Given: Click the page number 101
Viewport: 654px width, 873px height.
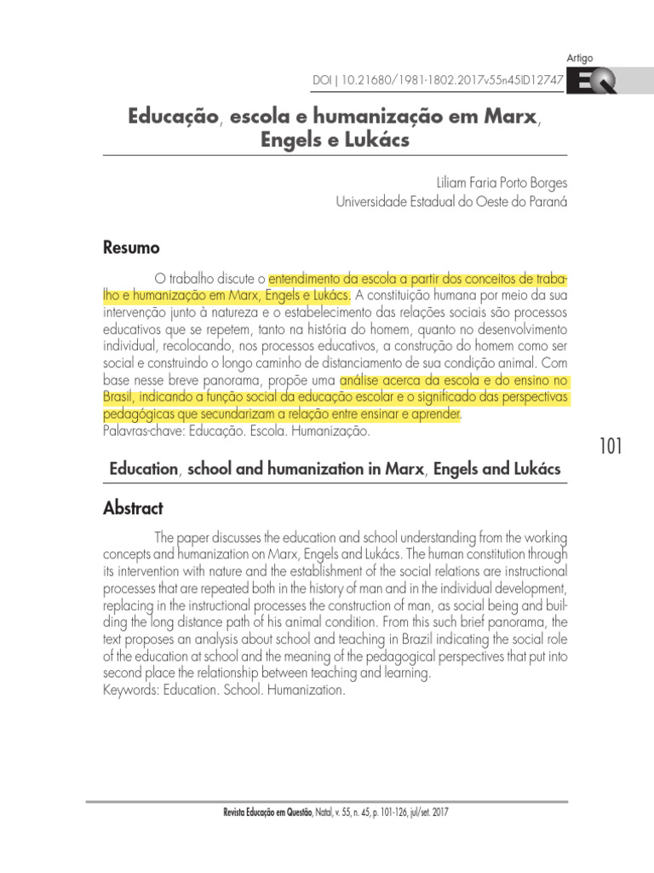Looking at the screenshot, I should click(x=611, y=446).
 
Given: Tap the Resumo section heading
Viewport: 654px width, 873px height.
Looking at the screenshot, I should click(x=131, y=248).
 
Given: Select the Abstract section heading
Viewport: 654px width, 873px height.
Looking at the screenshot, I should click(x=133, y=508).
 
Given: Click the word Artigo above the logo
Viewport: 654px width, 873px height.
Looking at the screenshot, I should click(x=579, y=58).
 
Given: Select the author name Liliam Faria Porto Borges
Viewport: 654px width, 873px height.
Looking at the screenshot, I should click(x=501, y=182).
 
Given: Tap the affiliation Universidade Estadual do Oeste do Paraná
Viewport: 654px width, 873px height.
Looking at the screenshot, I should click(x=451, y=202).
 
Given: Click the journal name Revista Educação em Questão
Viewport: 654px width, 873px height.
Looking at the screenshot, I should click(x=272, y=812).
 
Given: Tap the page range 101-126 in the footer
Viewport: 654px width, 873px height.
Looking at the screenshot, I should click(x=375, y=812).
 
